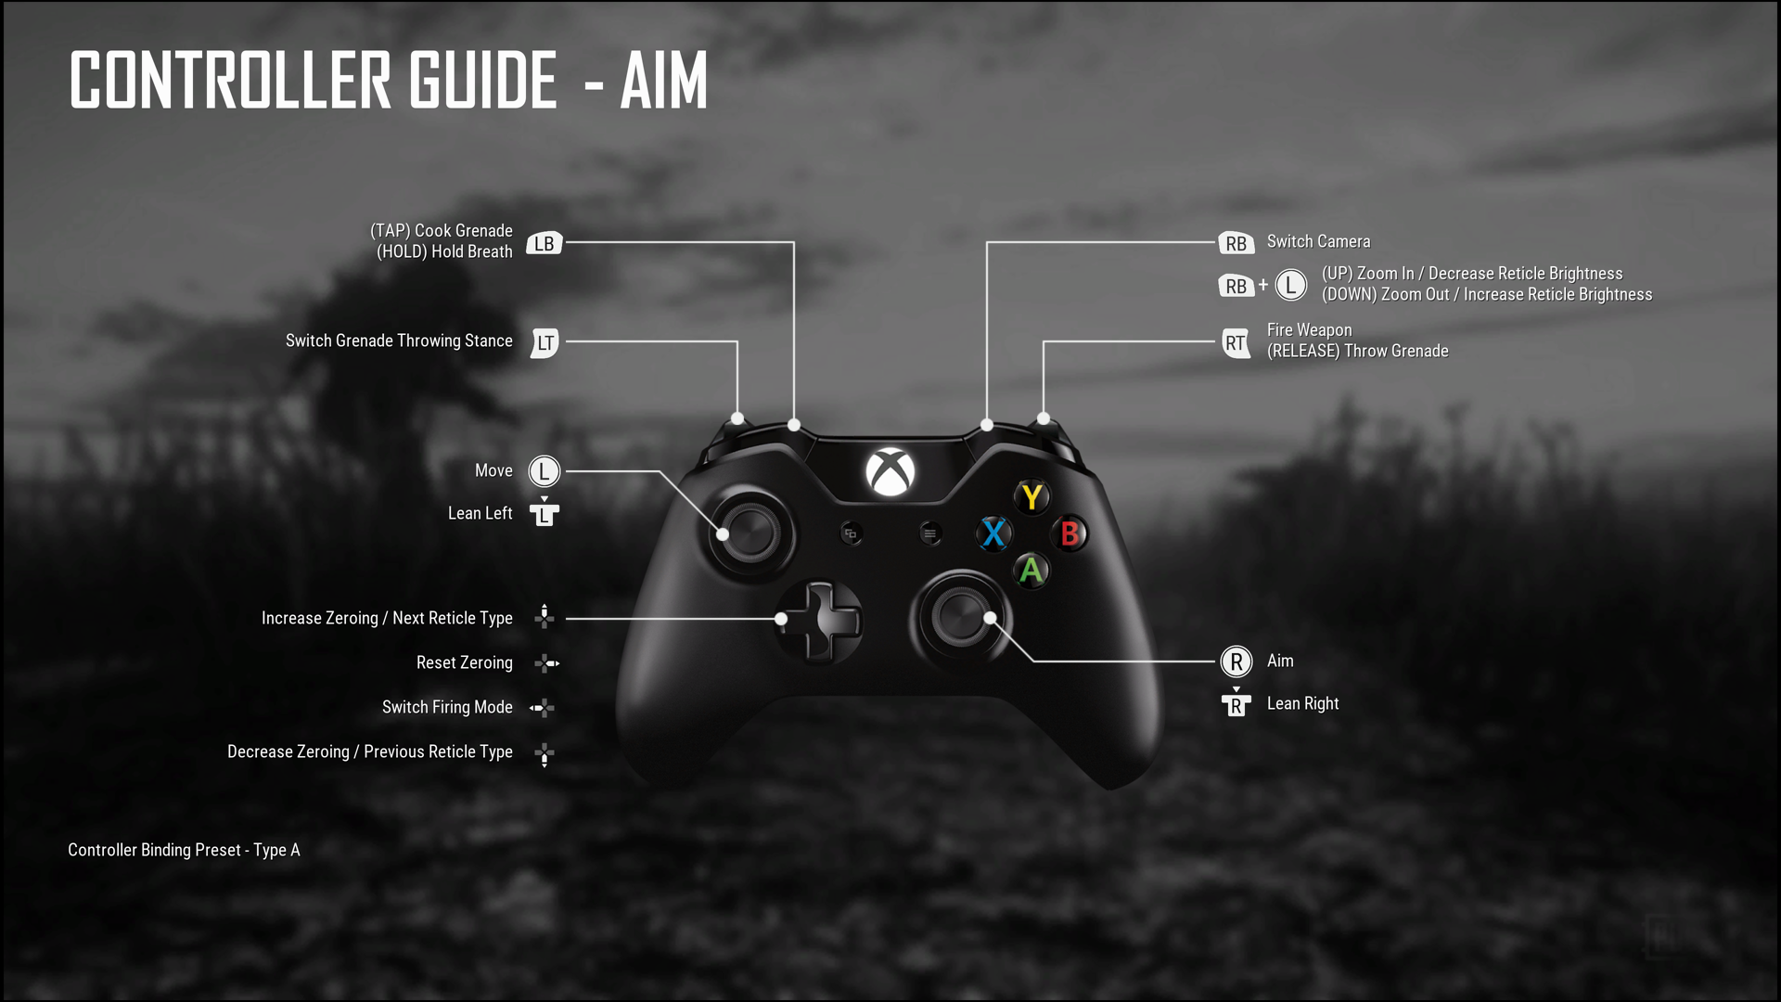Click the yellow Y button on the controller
[x=1031, y=497]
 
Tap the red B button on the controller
[x=1070, y=533]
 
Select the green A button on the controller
[x=1031, y=571]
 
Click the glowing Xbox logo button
[x=890, y=471]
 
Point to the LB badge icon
[x=545, y=243]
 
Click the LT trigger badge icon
[x=545, y=342]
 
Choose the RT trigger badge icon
[x=1236, y=342]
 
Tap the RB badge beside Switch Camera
[x=1236, y=243]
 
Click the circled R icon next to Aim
[x=1236, y=662]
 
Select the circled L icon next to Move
[x=545, y=471]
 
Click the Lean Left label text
[x=480, y=513]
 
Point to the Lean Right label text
[x=1302, y=704]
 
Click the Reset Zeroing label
[x=464, y=662]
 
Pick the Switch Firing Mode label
[x=447, y=707]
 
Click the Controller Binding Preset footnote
[x=184, y=850]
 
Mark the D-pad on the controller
[x=819, y=622]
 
